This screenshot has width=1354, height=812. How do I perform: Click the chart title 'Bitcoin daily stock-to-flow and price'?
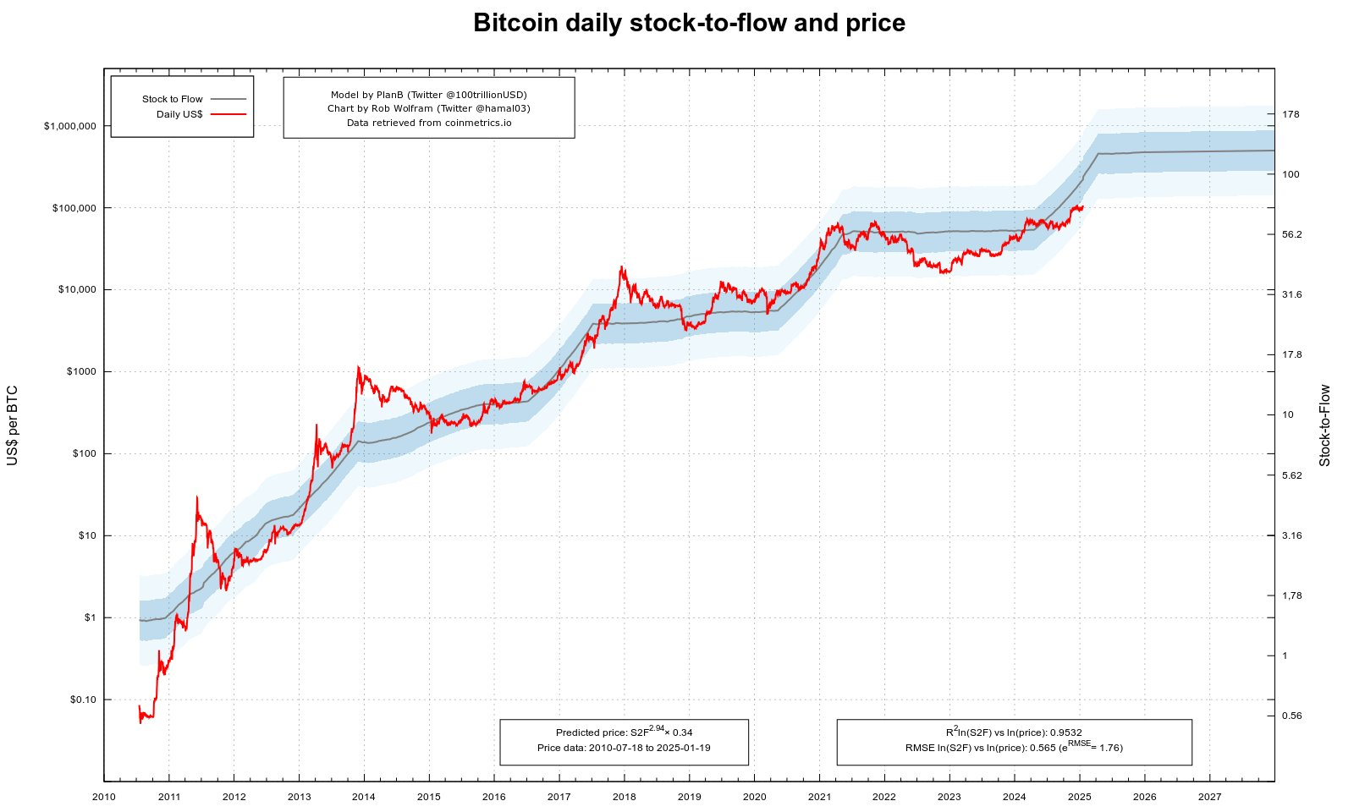689,23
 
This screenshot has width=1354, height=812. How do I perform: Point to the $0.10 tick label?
83,700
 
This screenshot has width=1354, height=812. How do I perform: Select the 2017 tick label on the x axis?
559,797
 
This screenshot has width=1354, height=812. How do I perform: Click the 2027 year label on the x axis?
1209,797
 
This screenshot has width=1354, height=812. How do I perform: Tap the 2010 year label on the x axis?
104,797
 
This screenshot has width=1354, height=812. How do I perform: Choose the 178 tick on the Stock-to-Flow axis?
1291,114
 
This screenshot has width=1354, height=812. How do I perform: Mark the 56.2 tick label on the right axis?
1292,234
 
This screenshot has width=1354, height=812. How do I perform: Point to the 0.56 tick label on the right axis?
1292,716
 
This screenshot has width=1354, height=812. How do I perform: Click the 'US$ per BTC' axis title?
13,425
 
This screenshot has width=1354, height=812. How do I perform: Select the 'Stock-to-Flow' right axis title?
1324,425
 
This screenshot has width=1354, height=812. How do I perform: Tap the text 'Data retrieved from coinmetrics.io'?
429,123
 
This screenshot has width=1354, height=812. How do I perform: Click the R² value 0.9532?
1065,732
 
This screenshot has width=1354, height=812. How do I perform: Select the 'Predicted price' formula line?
624,732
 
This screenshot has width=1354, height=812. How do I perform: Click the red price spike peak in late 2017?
623,267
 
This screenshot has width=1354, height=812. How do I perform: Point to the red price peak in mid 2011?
197,497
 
